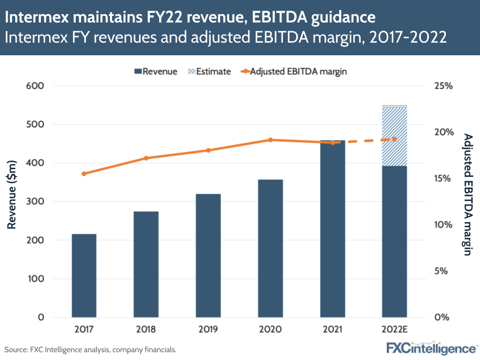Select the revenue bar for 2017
tap(84, 275)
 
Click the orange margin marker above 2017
tap(84, 174)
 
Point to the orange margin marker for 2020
tap(271, 140)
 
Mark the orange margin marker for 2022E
tap(394, 139)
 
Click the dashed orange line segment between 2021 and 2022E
tap(364, 141)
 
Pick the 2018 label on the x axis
tap(146, 330)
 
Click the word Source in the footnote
tap(16, 349)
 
